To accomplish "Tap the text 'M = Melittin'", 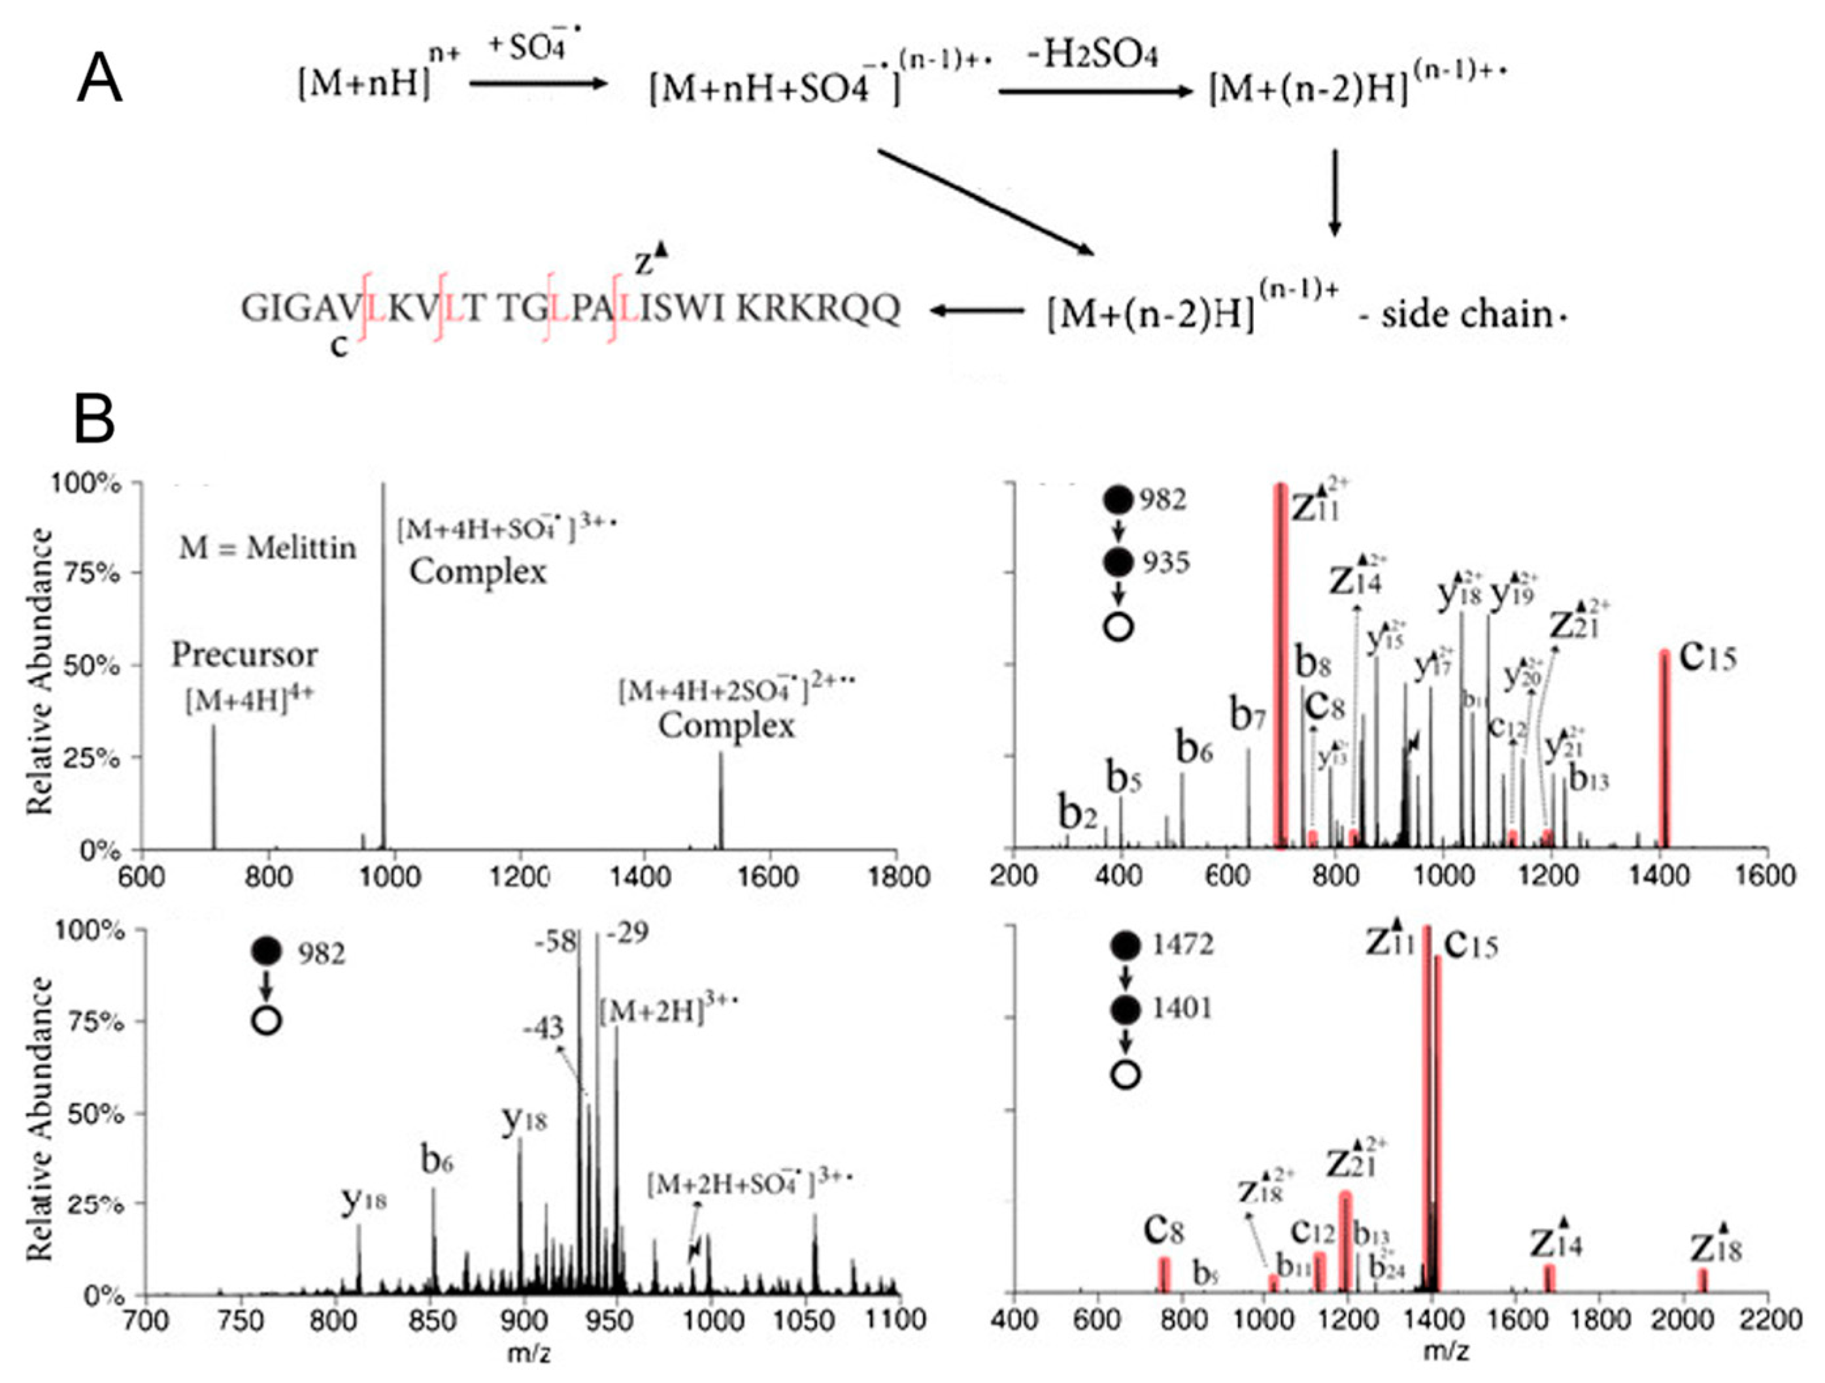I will pos(268,547).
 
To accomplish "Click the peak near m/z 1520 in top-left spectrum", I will pos(720,800).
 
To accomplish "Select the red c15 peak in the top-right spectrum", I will pos(1665,751).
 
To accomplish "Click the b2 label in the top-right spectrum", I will pos(1077,814).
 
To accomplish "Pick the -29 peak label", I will pos(627,934).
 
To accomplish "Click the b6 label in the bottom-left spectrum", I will pos(437,1161).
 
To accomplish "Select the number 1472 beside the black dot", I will pos(1183,944).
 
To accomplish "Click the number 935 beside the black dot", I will pos(1165,562).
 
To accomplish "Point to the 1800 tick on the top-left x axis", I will pos(897,877).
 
